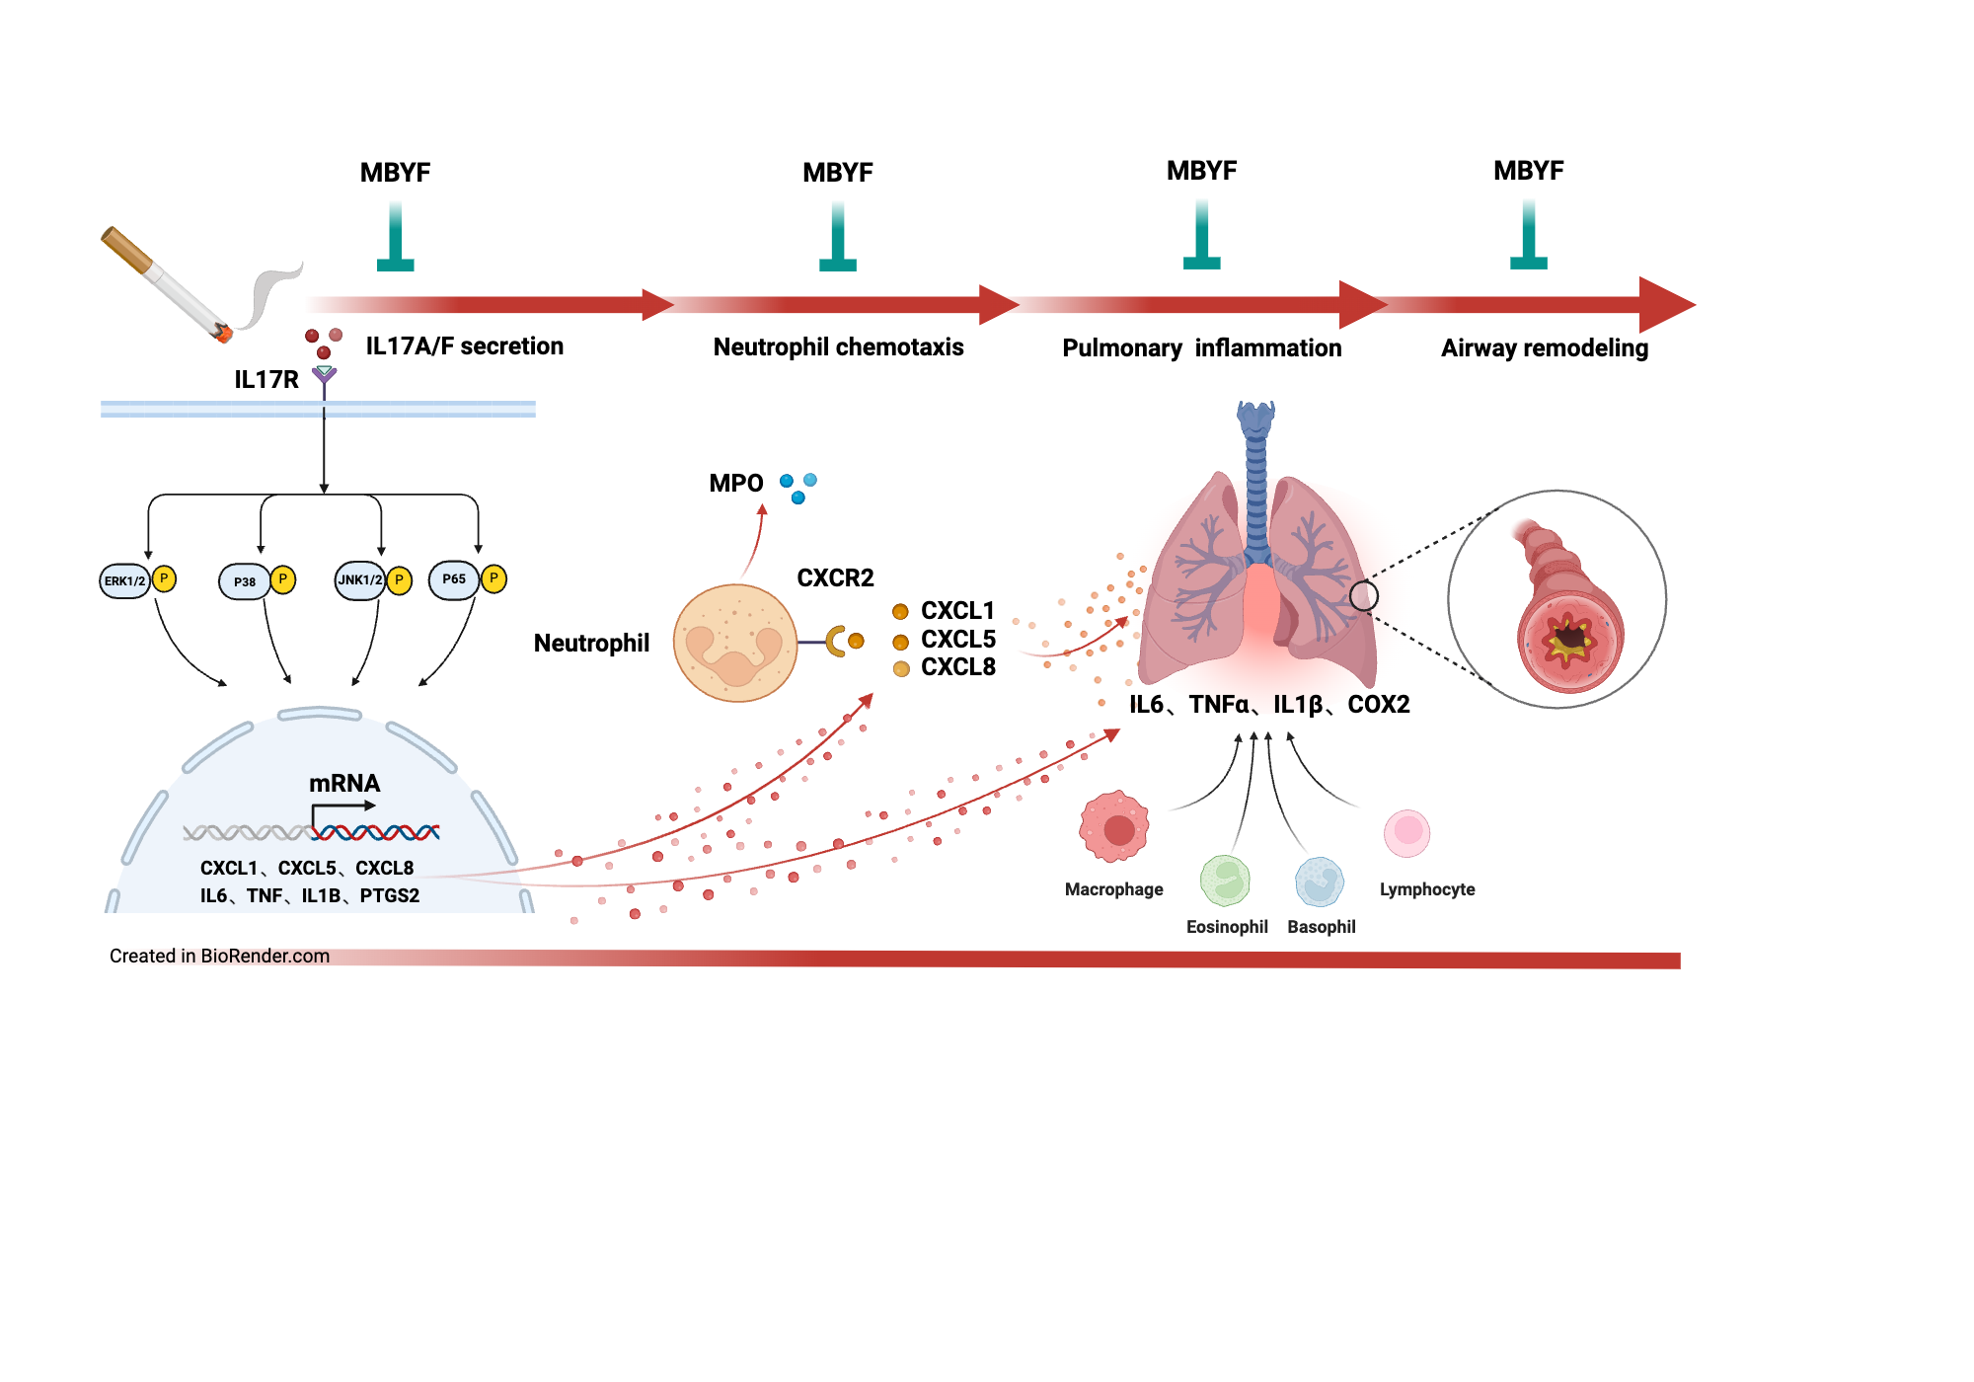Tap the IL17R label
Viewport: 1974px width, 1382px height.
[x=266, y=380]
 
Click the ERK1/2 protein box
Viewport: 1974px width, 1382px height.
[x=124, y=581]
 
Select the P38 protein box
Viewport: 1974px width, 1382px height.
[x=244, y=582]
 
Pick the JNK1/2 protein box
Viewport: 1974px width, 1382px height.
[x=360, y=580]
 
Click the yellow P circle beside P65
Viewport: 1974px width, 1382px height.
[x=493, y=578]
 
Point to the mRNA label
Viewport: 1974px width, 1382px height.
[x=343, y=784]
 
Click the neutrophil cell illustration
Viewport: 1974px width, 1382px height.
[x=735, y=643]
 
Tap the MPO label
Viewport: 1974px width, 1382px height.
[x=735, y=484]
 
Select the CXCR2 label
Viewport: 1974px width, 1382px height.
[x=835, y=578]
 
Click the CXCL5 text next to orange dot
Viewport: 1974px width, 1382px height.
[x=957, y=640]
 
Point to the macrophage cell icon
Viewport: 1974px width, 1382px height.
[x=1114, y=827]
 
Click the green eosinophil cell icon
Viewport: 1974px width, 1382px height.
[x=1225, y=880]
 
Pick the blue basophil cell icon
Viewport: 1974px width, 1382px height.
[x=1320, y=882]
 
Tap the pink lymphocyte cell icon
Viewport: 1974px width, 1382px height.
[x=1407, y=833]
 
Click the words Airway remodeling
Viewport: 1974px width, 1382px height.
[x=1544, y=348]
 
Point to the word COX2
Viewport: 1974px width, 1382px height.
[x=1378, y=705]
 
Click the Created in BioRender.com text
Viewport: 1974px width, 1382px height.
[x=219, y=956]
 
